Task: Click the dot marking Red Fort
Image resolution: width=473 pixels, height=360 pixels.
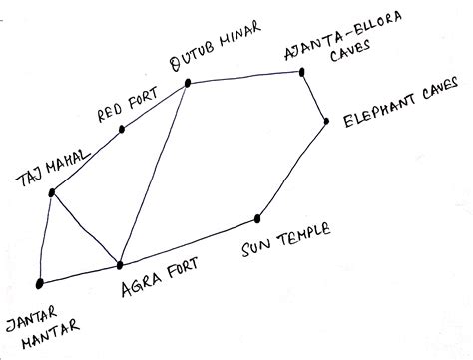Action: pyautogui.click(x=122, y=129)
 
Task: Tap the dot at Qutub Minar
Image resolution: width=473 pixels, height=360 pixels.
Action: pyautogui.click(x=187, y=86)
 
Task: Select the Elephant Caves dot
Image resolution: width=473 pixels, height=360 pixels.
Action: pyautogui.click(x=326, y=121)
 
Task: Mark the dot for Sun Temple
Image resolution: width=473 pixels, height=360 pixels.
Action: pyautogui.click(x=257, y=218)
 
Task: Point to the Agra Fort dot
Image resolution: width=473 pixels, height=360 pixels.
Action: pyautogui.click(x=120, y=264)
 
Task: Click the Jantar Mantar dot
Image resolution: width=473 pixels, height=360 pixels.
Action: pyautogui.click(x=39, y=284)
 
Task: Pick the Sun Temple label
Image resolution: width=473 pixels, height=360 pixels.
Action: pyautogui.click(x=285, y=243)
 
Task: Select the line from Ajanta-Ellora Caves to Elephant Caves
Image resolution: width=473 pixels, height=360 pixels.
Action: pyautogui.click(x=316, y=96)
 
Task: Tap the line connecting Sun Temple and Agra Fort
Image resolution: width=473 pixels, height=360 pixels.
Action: pyautogui.click(x=190, y=241)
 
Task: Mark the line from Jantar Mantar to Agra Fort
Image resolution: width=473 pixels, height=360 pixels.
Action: pyautogui.click(x=80, y=274)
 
